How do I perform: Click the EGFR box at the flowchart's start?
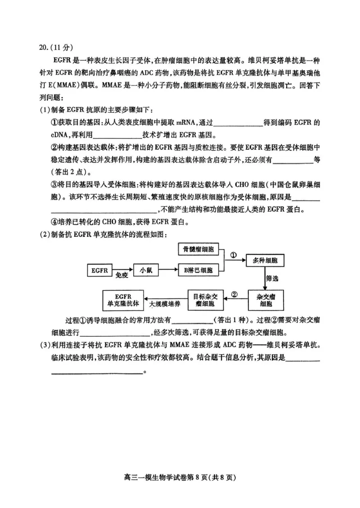point(99,270)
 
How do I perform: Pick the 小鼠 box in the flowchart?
point(145,270)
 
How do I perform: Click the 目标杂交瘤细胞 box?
point(208,300)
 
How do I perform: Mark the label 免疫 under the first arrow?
point(122,276)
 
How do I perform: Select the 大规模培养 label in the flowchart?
point(165,304)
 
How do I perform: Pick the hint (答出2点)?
point(72,172)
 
